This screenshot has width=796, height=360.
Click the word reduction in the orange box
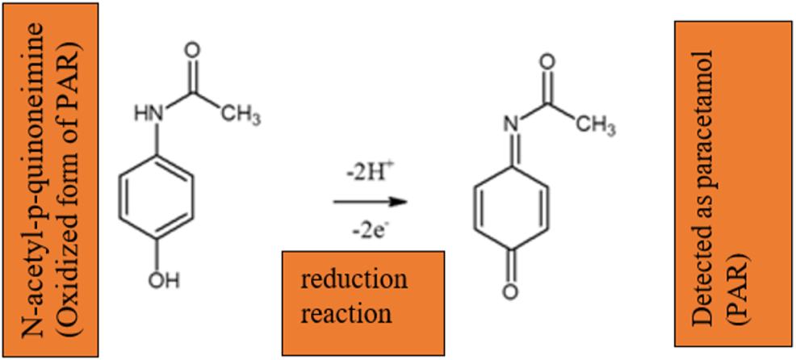tap(354, 280)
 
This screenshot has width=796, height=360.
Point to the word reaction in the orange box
tap(346, 312)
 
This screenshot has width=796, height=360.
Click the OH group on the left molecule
tap(159, 281)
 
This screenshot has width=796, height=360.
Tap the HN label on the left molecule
tap(145, 113)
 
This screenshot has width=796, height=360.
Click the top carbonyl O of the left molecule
tap(192, 49)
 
